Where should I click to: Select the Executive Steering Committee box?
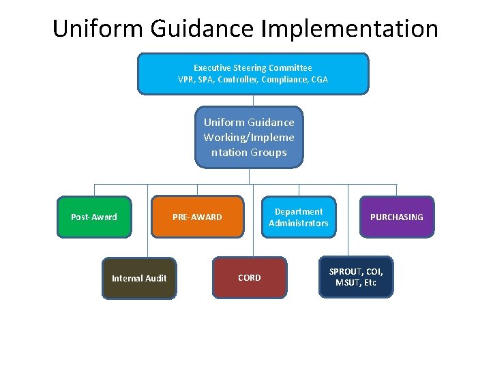[253, 74]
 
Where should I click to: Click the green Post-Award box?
[94, 217]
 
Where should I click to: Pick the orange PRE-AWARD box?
[197, 217]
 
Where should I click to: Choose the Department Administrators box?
[299, 217]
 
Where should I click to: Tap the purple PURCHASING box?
[396, 217]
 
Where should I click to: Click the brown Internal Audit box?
[139, 278]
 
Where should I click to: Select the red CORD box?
[249, 277]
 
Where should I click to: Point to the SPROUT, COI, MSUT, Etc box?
[356, 277]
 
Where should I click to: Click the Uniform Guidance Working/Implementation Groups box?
[249, 137]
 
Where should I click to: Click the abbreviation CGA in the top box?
[319, 80]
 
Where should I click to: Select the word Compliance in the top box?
[286, 80]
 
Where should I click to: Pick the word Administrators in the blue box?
[299, 223]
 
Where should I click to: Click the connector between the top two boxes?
[253, 100]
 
